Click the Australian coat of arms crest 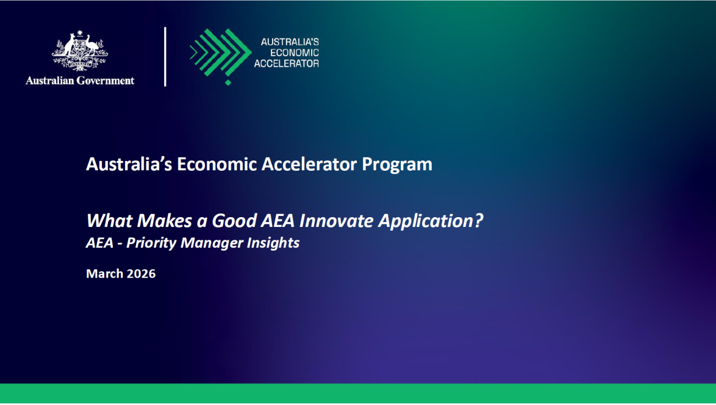pyautogui.click(x=80, y=51)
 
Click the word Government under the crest pyautogui.click(x=106, y=81)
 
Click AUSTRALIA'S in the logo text pyautogui.click(x=290, y=42)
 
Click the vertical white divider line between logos pyautogui.click(x=165, y=56)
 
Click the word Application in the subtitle pyautogui.click(x=426, y=221)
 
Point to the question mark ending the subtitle pyautogui.click(x=479, y=221)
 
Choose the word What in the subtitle pyautogui.click(x=104, y=221)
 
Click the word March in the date pyautogui.click(x=105, y=274)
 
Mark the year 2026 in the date pyautogui.click(x=141, y=274)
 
